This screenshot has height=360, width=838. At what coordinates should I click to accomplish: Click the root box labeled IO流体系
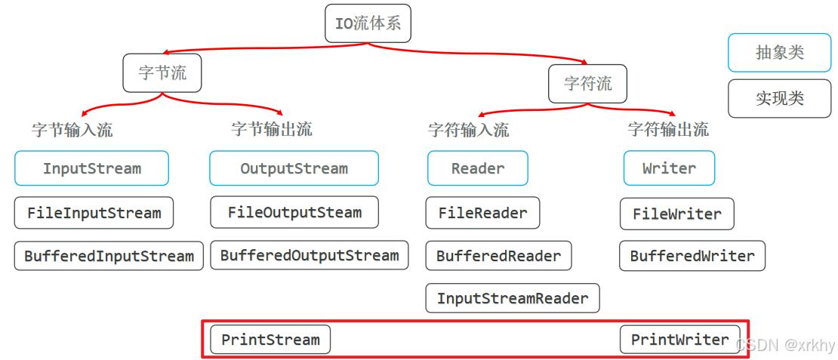368,23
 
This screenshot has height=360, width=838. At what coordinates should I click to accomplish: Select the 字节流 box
162,73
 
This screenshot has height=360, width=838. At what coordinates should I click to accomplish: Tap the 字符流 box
587,83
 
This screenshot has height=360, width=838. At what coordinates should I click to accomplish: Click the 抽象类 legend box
780,53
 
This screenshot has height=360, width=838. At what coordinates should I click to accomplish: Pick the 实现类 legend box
780,98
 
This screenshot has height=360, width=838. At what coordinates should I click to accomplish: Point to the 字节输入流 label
72,130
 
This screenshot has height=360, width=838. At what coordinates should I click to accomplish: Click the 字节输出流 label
272,129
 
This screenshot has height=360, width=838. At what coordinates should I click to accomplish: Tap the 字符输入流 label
469,130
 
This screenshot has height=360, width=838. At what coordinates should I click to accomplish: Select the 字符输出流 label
668,129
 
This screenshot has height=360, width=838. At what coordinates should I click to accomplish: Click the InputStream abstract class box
92,168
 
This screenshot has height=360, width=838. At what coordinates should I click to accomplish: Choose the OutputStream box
294,168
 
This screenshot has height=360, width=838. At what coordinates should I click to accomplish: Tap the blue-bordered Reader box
478,168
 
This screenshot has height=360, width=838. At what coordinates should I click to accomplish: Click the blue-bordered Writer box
669,168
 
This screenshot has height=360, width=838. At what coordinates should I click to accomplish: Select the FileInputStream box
94,213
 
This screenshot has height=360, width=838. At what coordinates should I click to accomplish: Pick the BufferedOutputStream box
309,255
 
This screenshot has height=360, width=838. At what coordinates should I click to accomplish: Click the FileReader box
483,213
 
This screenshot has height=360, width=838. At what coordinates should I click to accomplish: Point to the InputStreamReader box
513,298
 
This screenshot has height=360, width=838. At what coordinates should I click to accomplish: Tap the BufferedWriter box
692,256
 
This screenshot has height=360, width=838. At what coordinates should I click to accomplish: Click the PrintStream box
270,340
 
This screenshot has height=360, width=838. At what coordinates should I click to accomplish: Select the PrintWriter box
679,340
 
